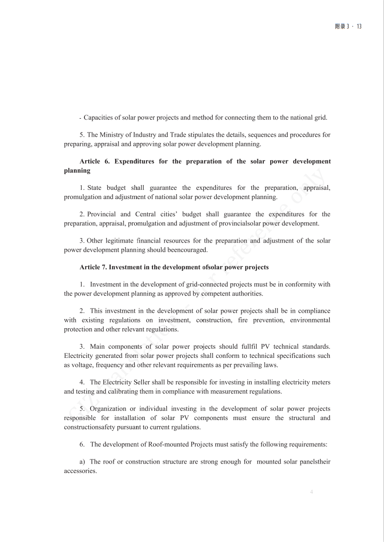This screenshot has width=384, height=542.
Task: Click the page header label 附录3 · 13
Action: coord(348,26)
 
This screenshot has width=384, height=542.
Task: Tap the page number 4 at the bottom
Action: coord(312,492)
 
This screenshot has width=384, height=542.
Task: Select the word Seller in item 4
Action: coord(148,382)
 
